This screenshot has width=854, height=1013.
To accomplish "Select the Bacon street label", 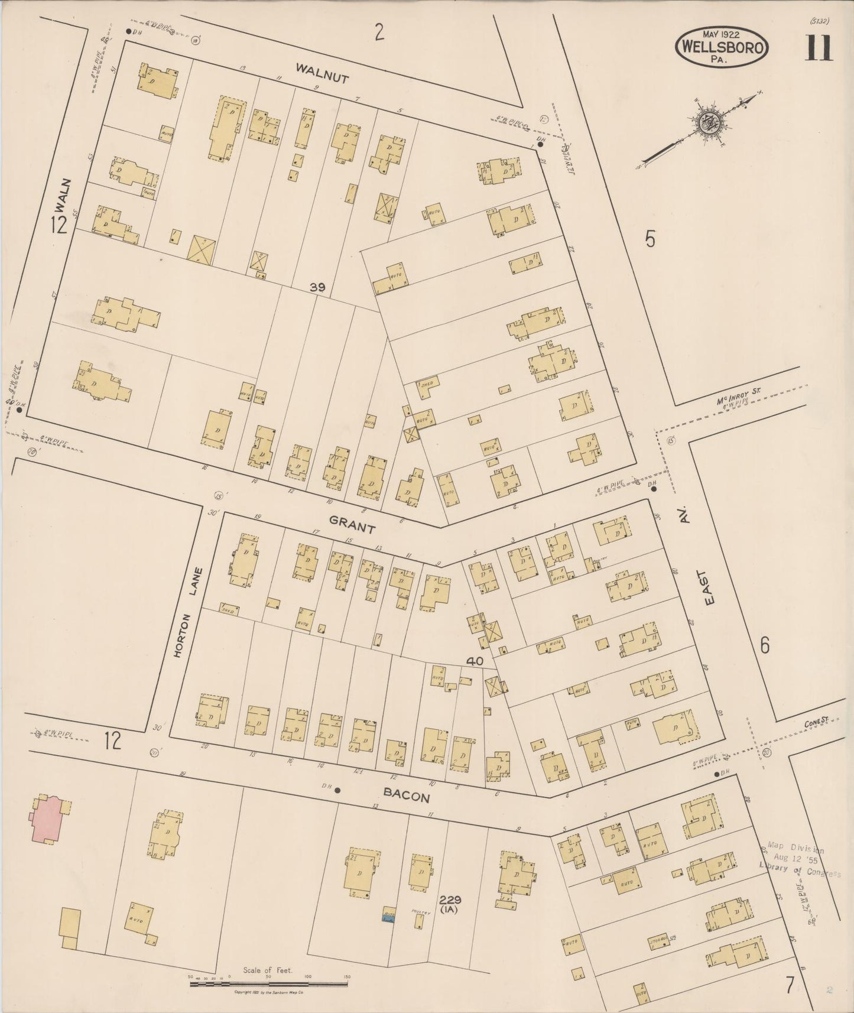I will [x=406, y=796].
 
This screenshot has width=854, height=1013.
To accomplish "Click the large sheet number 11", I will [x=818, y=48].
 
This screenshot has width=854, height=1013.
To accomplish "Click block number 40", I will [x=475, y=661].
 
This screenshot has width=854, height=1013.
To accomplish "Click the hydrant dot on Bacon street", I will [x=337, y=790].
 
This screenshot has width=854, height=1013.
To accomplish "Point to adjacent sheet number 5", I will [x=650, y=239].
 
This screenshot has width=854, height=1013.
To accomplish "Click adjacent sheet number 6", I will [x=764, y=645].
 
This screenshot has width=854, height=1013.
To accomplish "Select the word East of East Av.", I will [x=709, y=587].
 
